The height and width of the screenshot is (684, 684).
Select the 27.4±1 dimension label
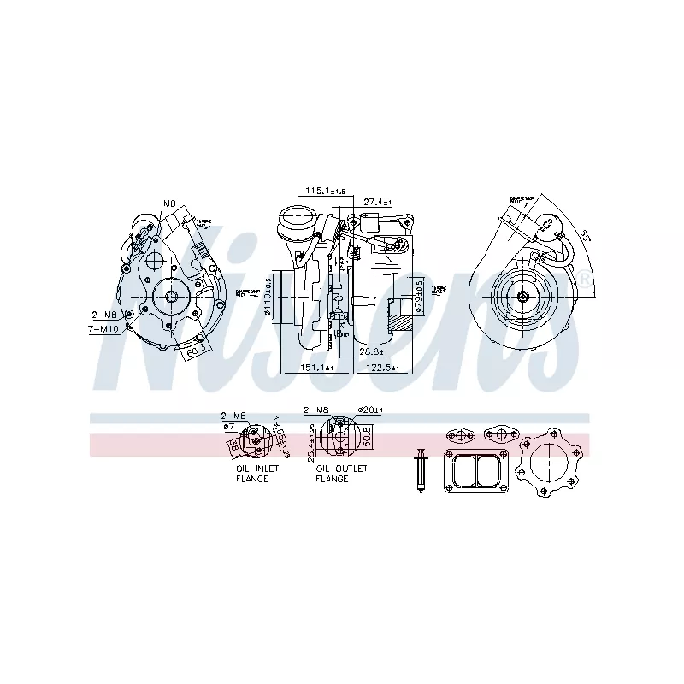click(376, 202)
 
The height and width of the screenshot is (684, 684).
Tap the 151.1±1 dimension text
click(315, 368)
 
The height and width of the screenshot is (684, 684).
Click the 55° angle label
click(586, 235)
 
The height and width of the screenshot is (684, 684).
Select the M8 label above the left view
click(169, 203)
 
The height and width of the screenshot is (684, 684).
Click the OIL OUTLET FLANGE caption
click(341, 474)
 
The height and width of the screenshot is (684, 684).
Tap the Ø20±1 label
click(370, 410)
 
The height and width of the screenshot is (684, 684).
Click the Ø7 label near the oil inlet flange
click(228, 425)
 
